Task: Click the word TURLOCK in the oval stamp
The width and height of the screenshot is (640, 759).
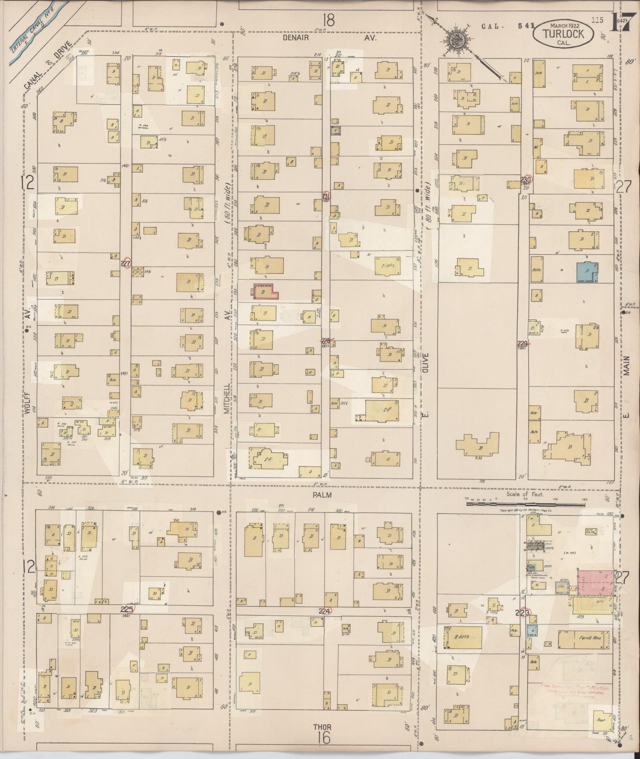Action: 563,34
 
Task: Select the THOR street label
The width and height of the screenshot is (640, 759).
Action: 321,727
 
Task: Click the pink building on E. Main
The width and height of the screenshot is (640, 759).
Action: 595,582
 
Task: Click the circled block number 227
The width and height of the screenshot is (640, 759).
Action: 126,263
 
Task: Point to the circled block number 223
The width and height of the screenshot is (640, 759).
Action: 525,613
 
